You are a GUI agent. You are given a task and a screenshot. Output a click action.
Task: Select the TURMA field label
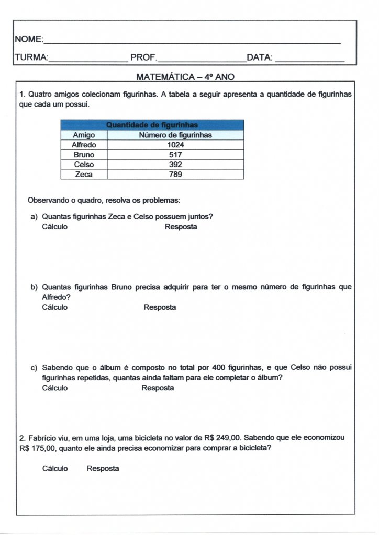click(31, 57)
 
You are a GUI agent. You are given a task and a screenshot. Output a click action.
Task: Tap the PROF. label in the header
click(143, 57)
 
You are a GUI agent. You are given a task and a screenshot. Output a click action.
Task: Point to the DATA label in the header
click(259, 57)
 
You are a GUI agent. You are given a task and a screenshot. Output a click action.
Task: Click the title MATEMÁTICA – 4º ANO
click(185, 77)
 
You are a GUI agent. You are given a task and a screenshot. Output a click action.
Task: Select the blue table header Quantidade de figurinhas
click(152, 125)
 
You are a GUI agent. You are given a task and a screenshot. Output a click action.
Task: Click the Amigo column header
click(84, 135)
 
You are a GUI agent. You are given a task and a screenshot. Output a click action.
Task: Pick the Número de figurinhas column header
click(175, 135)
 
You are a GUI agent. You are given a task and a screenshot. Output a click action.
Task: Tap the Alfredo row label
click(84, 145)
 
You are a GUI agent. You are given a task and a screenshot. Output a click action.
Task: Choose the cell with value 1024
click(175, 145)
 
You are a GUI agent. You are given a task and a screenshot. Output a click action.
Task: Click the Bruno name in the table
click(84, 155)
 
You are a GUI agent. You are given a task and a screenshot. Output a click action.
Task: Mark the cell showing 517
click(175, 155)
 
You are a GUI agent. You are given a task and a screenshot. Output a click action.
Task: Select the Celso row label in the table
click(84, 165)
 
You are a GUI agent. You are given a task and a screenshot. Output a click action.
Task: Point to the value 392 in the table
click(175, 165)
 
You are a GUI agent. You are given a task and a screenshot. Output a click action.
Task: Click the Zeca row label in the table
click(84, 175)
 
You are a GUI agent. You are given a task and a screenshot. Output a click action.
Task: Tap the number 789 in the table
click(175, 175)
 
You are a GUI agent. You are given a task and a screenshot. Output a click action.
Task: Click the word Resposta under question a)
click(181, 227)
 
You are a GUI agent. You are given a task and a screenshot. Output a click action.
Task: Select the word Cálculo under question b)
click(55, 307)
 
